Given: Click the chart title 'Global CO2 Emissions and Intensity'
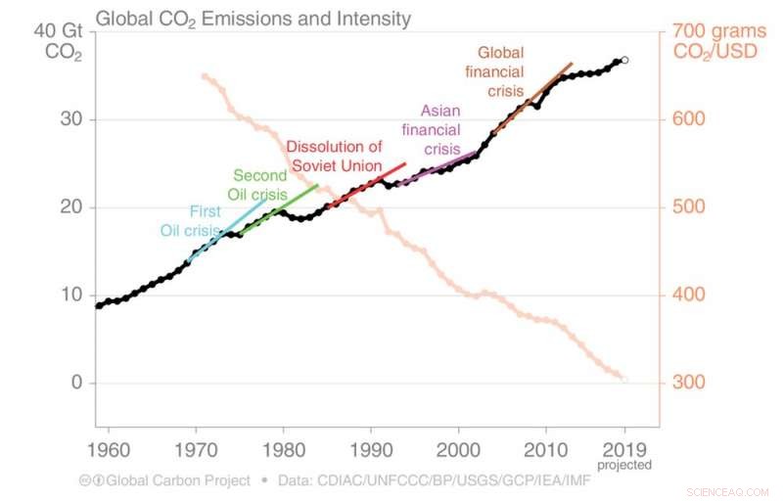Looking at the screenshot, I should pyautogui.click(x=252, y=19).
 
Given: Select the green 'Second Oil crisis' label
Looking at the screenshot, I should pyautogui.click(x=259, y=185).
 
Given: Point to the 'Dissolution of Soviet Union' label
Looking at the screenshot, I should pyautogui.click(x=334, y=156).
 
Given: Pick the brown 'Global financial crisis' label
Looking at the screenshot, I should pyautogui.click(x=500, y=70).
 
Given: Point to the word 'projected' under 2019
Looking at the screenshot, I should pyautogui.click(x=625, y=465).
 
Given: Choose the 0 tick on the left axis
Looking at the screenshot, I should pyautogui.click(x=74, y=383).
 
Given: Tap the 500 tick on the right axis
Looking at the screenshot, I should pyautogui.click(x=689, y=207).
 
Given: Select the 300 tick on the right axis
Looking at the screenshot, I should pyautogui.click(x=689, y=383).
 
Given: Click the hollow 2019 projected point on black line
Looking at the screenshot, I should pyautogui.click(x=624, y=60).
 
